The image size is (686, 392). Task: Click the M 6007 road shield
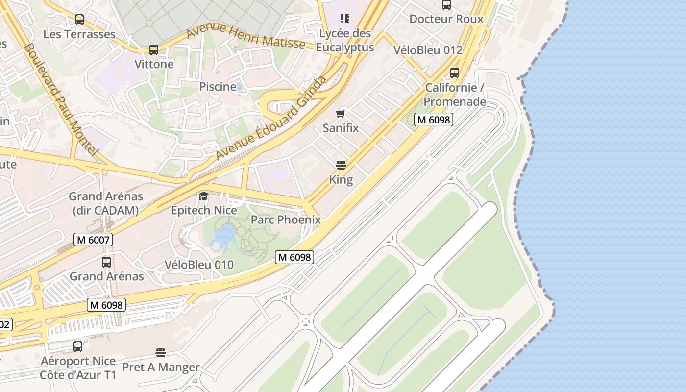[93, 240]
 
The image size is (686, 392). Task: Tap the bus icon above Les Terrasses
[79, 20]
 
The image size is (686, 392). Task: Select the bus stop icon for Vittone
[154, 49]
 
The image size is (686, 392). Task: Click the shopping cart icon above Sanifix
[341, 114]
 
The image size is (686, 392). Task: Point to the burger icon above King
[341, 165]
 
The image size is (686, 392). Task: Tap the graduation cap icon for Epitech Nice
[203, 196]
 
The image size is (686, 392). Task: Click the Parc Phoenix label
[286, 220]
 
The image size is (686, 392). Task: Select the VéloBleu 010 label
[199, 265]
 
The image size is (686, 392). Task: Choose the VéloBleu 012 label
[428, 50]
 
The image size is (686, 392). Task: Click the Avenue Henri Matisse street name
[246, 36]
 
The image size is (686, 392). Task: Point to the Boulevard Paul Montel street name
[61, 100]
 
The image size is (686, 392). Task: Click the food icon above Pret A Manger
[161, 353]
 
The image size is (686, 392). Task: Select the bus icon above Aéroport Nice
[77, 346]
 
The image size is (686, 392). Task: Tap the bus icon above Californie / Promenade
[455, 73]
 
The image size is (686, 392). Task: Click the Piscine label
[218, 87]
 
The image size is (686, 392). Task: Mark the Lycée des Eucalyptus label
[345, 41]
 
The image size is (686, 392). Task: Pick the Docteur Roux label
[446, 19]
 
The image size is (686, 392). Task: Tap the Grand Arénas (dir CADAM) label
[106, 203]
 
